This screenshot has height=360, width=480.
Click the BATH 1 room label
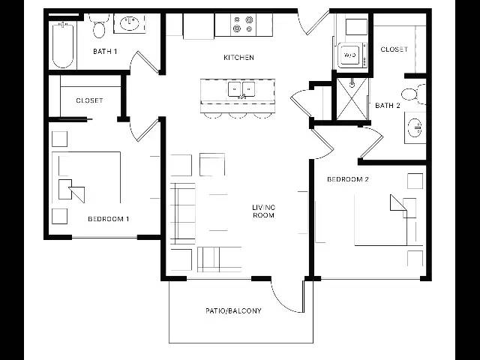105,51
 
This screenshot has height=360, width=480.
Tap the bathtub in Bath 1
63,45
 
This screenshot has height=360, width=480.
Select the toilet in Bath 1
99,27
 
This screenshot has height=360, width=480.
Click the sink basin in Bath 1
130,23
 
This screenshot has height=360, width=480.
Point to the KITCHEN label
238,57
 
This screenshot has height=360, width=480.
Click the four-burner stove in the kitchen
243,25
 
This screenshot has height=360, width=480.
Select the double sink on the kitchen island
241,89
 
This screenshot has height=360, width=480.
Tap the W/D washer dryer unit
350,55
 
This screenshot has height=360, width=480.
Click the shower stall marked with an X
352,99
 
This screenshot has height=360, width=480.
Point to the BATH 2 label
388,106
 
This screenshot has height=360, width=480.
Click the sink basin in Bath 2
415,127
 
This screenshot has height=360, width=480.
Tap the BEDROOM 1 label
108,219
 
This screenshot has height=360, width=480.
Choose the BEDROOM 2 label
348,179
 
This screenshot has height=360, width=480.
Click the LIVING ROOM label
263,211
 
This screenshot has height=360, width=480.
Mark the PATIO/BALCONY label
233,310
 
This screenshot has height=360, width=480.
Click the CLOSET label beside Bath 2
394,49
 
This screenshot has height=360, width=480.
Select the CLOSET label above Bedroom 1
89,100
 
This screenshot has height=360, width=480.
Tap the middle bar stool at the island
238,115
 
